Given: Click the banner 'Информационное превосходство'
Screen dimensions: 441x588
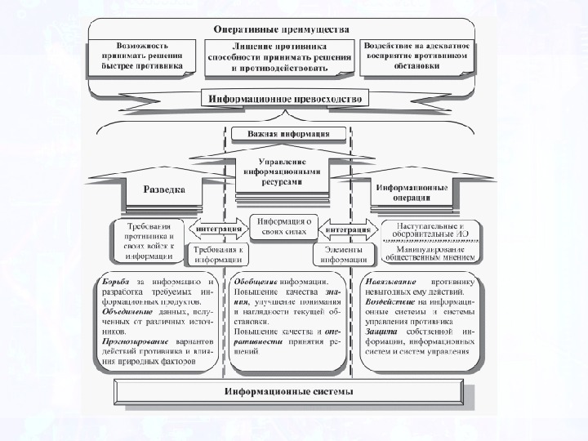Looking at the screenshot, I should [290, 99].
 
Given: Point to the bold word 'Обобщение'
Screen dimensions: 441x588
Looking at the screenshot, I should [255, 282].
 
